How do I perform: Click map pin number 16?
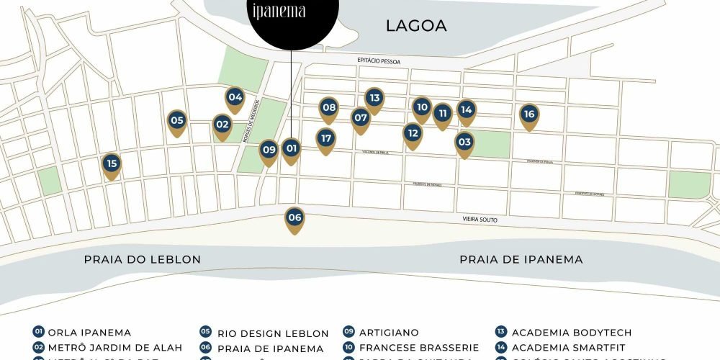click(529, 115)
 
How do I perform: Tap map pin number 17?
click(326, 139)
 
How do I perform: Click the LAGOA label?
click(416, 26)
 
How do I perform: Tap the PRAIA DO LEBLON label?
click(142, 259)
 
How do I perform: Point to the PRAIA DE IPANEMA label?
click(521, 259)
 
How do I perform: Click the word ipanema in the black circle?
click(279, 12)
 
